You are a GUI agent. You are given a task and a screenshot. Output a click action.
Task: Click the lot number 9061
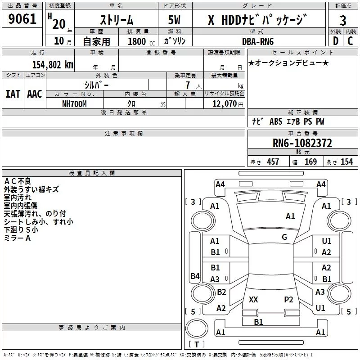click(22, 19)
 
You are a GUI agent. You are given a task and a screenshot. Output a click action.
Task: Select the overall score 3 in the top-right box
click(343, 20)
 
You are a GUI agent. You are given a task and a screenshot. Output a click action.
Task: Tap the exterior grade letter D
click(335, 41)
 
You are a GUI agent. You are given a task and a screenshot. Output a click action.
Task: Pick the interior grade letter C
click(350, 41)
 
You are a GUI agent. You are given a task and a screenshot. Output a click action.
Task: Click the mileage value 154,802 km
click(53, 65)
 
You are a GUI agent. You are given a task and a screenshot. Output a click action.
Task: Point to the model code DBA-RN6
click(258, 41)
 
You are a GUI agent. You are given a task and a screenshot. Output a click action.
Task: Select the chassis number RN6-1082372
click(302, 143)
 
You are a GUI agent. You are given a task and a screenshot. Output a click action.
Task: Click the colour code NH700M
click(74, 104)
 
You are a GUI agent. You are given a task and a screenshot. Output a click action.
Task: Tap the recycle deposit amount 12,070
click(224, 104)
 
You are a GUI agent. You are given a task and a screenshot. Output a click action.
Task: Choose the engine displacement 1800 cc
click(141, 41)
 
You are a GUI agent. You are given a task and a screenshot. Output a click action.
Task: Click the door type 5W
click(174, 20)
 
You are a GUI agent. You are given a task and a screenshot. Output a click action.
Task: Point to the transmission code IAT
click(13, 94)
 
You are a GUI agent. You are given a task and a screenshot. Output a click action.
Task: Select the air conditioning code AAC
click(35, 94)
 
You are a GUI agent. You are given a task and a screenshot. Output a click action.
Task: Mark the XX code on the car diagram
click(253, 299)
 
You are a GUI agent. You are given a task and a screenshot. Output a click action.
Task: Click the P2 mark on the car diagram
click(288, 299)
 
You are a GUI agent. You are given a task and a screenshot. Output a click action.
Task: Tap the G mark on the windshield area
click(284, 237)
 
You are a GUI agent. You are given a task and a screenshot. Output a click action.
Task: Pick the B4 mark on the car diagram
click(195, 276)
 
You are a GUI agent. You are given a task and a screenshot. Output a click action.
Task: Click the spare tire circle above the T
click(197, 328)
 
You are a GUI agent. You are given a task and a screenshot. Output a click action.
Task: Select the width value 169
click(310, 162)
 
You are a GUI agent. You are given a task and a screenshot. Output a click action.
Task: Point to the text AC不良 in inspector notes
click(18, 181)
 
